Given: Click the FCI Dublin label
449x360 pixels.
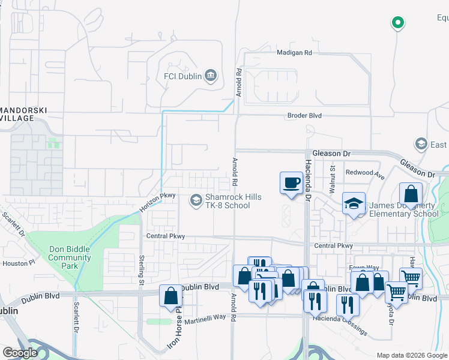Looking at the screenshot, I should pyautogui.click(x=182, y=76).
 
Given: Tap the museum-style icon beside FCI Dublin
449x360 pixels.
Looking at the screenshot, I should pyautogui.click(x=210, y=76).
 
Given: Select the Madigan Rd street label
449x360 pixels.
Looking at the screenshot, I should pyautogui.click(x=294, y=53).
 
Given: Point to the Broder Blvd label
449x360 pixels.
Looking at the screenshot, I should pyautogui.click(x=305, y=115).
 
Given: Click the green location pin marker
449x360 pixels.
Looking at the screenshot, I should pyautogui.click(x=397, y=23).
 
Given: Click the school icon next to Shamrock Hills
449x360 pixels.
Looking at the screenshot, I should pyautogui.click(x=196, y=200).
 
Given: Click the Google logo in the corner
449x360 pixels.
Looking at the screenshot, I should pyautogui.click(x=20, y=353).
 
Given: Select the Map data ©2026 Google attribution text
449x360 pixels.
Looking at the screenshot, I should pyautogui.click(x=412, y=355).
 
